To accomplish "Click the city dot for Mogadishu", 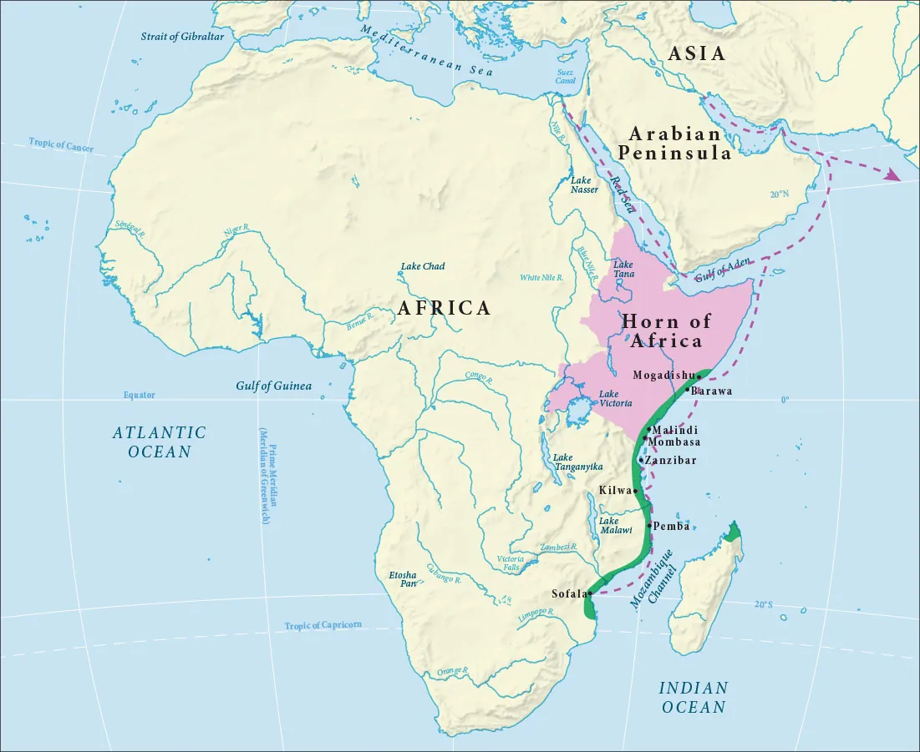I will click(x=699, y=376).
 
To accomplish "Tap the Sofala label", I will click(x=568, y=593).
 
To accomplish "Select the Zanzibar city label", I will click(x=671, y=460).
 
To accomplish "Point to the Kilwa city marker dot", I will click(x=636, y=491).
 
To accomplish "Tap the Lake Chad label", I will click(x=423, y=266).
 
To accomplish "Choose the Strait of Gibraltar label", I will click(x=180, y=37).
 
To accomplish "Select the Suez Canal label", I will click(x=566, y=76).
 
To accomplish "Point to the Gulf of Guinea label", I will click(x=273, y=386).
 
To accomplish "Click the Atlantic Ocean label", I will click(x=160, y=442).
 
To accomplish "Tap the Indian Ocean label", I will click(x=694, y=697).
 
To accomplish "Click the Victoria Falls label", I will click(x=511, y=563).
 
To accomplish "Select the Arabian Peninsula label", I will click(x=674, y=144).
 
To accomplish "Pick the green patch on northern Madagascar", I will click(x=733, y=532).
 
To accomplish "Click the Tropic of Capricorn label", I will click(x=323, y=625).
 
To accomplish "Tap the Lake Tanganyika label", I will click(x=574, y=462).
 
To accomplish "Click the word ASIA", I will click(x=696, y=53).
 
